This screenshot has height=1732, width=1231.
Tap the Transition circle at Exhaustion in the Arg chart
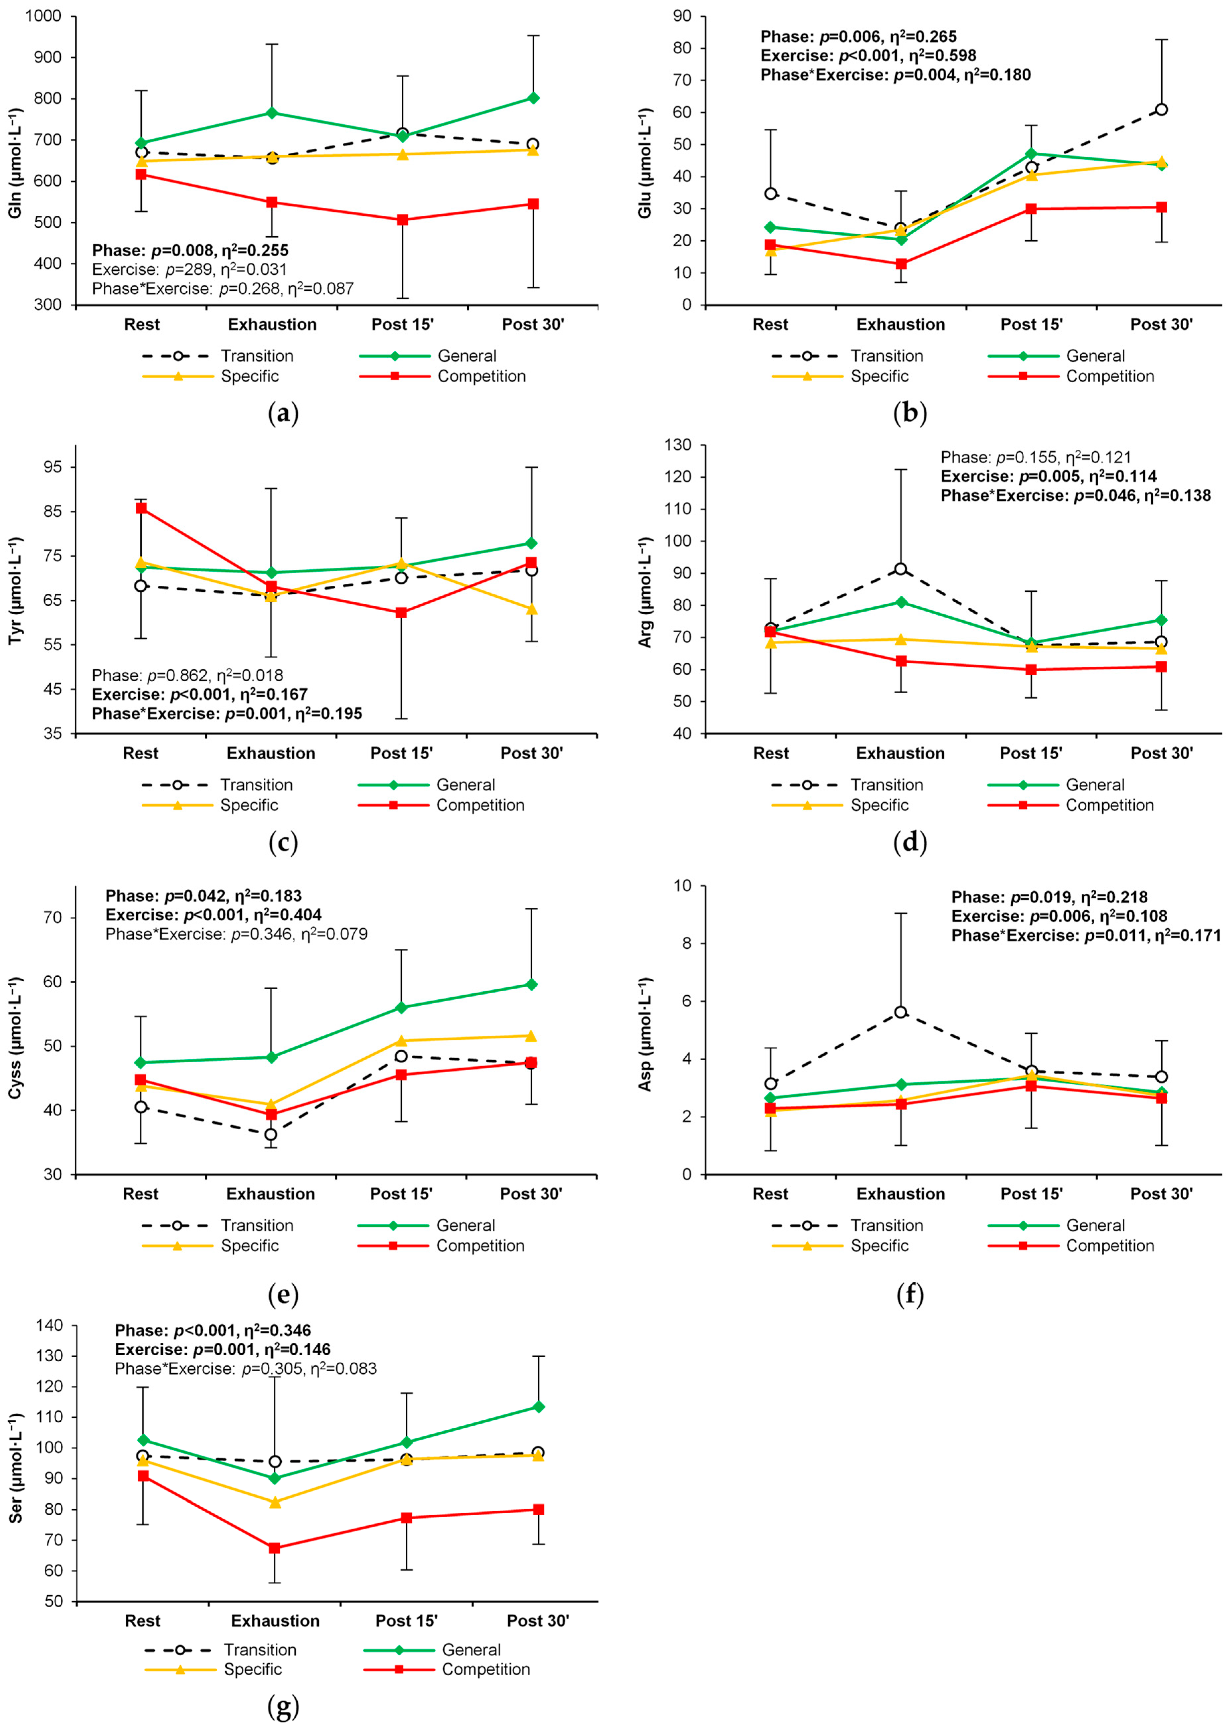pos(901,569)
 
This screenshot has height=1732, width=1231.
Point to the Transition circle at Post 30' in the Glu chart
pos(1161,110)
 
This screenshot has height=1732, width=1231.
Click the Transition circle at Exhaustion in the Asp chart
pos(901,1012)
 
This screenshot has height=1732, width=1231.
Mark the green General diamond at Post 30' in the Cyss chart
pos(531,985)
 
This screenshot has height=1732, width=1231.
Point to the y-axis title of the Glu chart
pos(645,163)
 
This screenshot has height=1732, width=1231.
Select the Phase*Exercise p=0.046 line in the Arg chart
pos(1076,496)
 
